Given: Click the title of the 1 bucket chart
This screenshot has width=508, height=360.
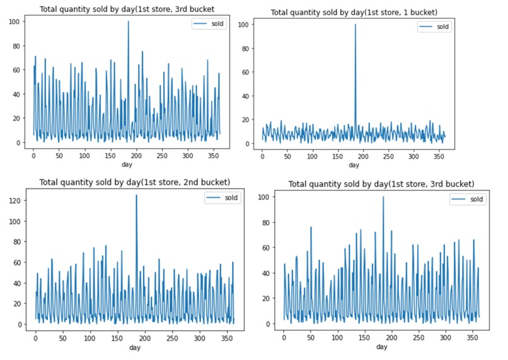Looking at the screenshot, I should pyautogui.click(x=355, y=13).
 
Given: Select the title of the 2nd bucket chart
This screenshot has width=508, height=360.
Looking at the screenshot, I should pyautogui.click(x=135, y=182).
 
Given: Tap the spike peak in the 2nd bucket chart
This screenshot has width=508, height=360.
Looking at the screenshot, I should pyautogui.click(x=136, y=195).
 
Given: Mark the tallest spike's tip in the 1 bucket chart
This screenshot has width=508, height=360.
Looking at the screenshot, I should pyautogui.click(x=355, y=25).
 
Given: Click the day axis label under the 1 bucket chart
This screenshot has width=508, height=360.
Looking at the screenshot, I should pyautogui.click(x=354, y=165).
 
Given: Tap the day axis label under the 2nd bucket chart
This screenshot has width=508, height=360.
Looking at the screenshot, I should pyautogui.click(x=135, y=347).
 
